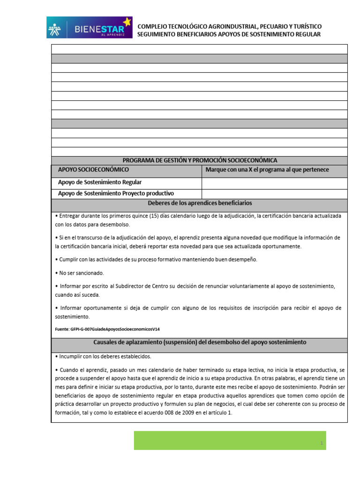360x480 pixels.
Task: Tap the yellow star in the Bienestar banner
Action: coord(127,22)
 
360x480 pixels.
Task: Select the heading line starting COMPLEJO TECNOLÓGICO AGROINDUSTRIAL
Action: coord(229,27)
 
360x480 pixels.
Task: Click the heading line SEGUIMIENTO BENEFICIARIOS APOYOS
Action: coord(229,35)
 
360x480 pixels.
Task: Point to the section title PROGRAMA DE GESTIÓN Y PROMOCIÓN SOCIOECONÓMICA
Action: coord(199,160)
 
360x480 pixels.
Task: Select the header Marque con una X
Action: coord(267,170)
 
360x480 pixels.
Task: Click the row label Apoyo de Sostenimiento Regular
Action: coord(99,182)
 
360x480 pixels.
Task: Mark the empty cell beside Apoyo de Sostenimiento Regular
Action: coord(274,182)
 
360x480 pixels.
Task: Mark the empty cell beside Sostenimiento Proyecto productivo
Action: coord(274,194)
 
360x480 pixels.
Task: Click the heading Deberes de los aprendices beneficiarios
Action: coord(200,203)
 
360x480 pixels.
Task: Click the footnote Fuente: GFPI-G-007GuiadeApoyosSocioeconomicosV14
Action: coord(111,330)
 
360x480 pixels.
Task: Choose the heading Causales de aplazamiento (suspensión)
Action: coord(200,343)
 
